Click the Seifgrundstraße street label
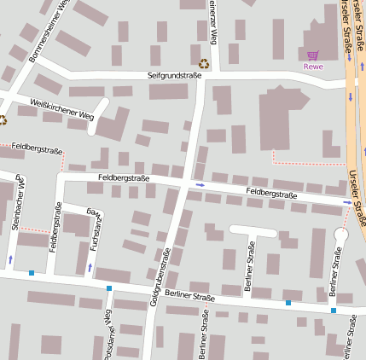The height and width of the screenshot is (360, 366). point(174,76)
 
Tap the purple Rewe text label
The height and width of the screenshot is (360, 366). point(313,67)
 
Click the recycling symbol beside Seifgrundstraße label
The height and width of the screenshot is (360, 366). point(204,63)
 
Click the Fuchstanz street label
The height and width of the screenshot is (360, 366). point(96,229)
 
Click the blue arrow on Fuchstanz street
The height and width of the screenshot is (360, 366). point(90,268)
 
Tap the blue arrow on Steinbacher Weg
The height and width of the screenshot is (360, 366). point(10,258)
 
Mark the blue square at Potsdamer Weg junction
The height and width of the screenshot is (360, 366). point(109,288)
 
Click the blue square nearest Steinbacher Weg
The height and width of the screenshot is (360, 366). point(32,273)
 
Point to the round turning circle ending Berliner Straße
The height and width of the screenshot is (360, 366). point(342,234)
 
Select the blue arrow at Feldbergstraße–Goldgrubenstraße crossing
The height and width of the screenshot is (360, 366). point(200,184)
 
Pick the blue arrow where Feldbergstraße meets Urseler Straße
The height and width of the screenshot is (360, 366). point(346,202)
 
